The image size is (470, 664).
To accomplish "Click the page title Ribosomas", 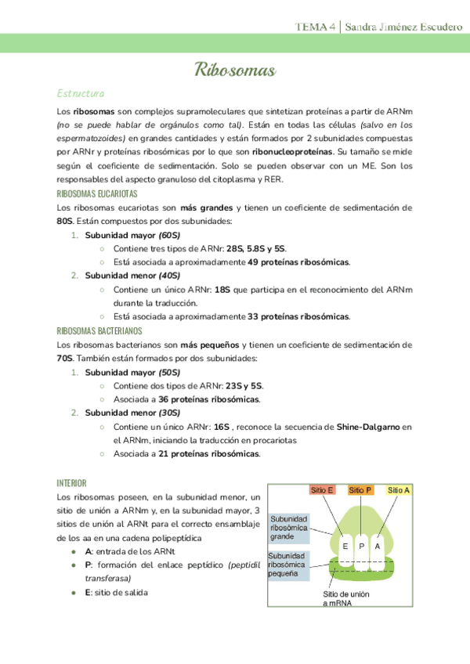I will point(234,71).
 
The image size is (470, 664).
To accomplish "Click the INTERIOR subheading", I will point(71,482).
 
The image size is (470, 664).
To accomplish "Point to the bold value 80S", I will point(65,221).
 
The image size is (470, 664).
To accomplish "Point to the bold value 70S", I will point(65,358).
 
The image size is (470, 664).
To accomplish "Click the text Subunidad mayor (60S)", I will point(132,235).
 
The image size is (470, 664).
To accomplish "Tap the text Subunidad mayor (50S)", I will point(132,372).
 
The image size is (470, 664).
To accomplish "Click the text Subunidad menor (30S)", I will point(132,413).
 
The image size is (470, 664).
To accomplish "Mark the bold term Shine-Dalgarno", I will point(367,427).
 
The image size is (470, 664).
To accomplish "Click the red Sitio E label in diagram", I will point(322,490).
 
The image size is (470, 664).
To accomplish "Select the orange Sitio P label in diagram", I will point(360,490).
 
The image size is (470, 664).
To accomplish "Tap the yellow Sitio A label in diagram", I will point(399,490).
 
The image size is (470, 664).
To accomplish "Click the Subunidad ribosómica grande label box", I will point(289,529).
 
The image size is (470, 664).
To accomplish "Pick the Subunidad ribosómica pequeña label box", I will point(289,565).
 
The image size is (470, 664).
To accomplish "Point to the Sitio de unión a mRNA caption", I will point(346,599).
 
